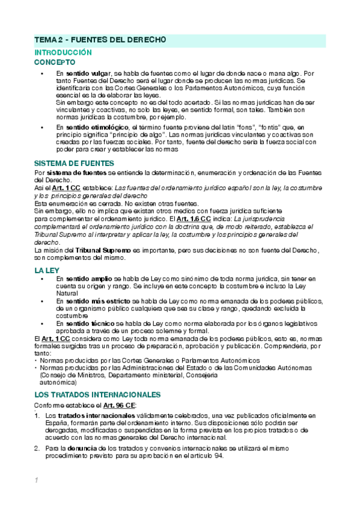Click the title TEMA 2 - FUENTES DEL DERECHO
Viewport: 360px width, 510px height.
(99, 40)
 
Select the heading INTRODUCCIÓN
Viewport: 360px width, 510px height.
(63, 53)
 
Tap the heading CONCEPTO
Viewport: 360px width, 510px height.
(55, 62)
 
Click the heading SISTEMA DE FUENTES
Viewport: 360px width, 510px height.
(75, 164)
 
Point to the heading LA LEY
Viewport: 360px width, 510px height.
(47, 271)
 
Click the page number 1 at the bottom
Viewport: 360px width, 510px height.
(37, 481)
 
